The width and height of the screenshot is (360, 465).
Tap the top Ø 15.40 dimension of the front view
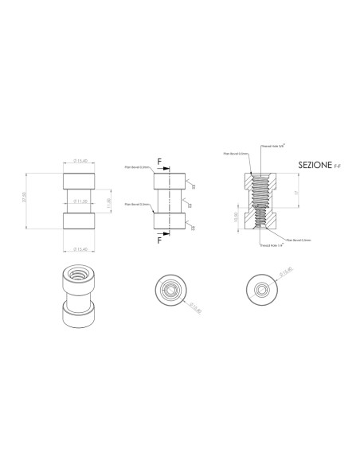point(80,162)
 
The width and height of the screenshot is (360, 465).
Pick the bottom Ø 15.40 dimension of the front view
point(80,249)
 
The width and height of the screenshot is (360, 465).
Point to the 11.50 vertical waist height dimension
point(109,204)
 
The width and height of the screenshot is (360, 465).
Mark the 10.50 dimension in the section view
point(235,216)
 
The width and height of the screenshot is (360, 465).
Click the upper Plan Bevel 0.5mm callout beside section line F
point(135,167)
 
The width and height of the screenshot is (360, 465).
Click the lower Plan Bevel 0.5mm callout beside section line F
point(135,204)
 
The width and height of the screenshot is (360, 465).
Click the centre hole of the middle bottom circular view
point(169,289)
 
